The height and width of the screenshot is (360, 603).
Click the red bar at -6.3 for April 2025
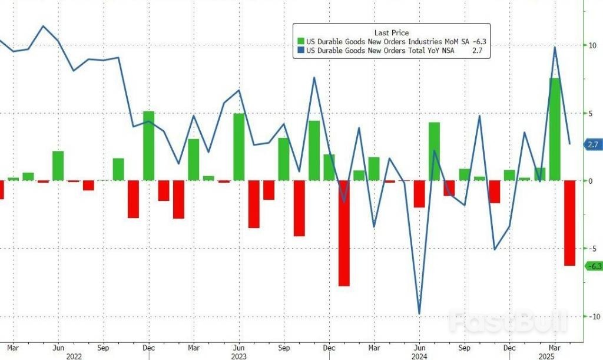(x=569, y=223)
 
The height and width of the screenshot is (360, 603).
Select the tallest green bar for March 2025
(x=555, y=129)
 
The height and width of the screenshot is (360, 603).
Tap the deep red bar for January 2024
(x=344, y=233)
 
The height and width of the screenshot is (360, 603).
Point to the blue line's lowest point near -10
(x=419, y=313)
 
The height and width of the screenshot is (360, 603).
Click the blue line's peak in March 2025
(x=555, y=48)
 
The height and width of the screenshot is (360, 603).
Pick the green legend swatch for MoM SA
(x=301, y=42)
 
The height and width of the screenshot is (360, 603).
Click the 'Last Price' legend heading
(x=392, y=32)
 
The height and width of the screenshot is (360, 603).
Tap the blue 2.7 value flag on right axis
(x=592, y=144)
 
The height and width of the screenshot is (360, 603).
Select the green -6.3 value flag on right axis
(x=592, y=266)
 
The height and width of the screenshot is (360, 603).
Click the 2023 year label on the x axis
(x=238, y=355)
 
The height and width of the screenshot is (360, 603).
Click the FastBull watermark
(x=508, y=322)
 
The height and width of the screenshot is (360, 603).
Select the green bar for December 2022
(x=148, y=146)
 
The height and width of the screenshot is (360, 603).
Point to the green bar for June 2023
(x=238, y=147)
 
